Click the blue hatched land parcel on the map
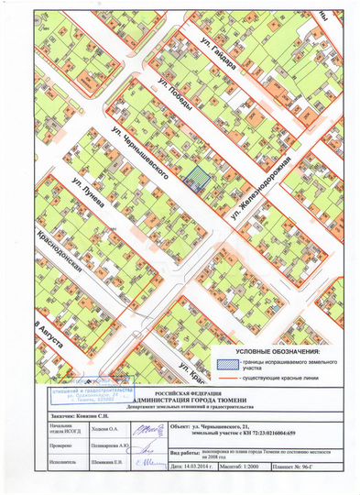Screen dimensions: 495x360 pos(194,177)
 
